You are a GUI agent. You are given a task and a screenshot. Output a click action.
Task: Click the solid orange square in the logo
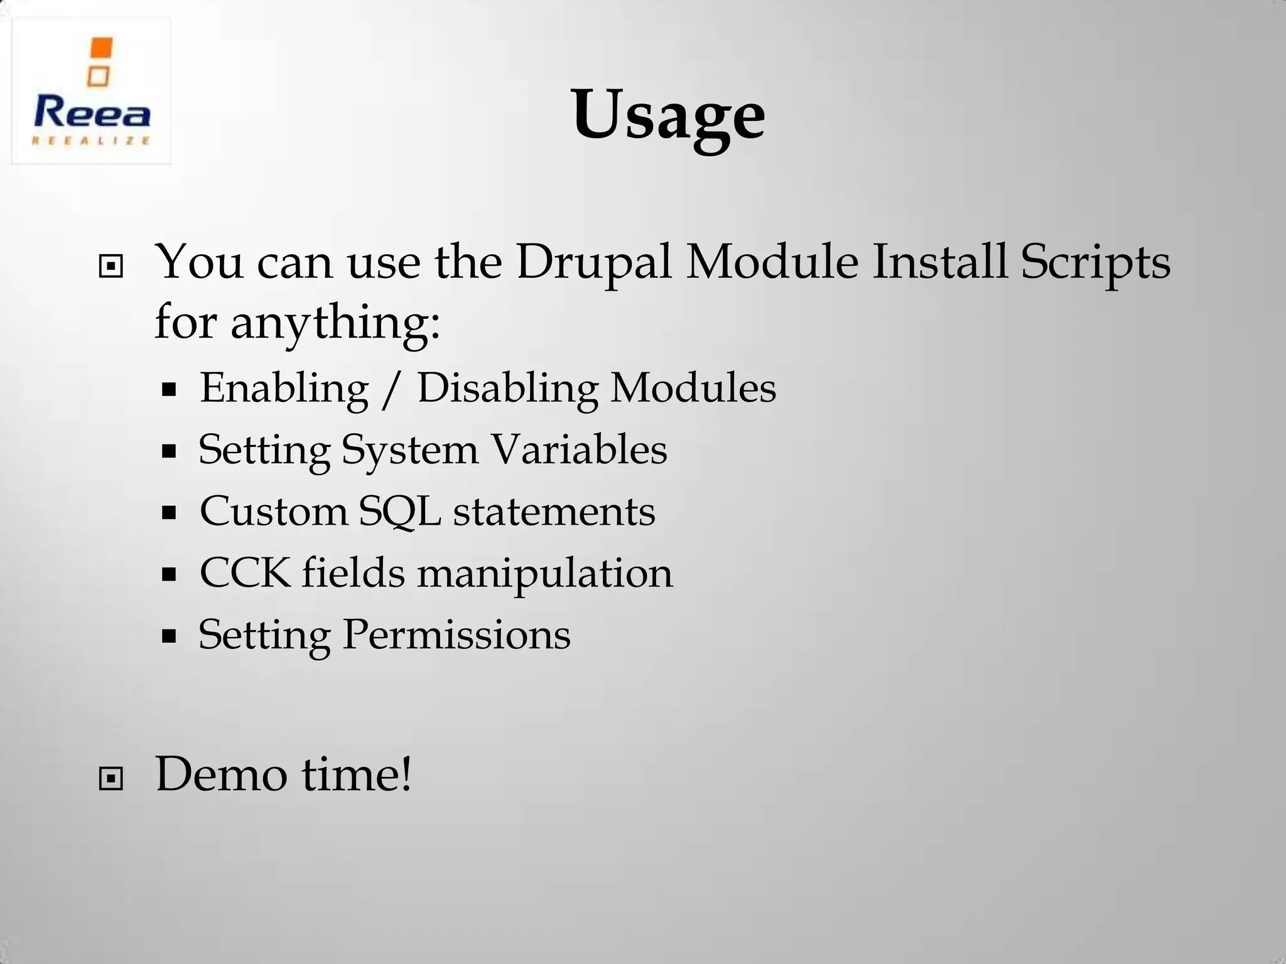(100, 48)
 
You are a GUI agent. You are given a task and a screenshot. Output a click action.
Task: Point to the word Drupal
(593, 262)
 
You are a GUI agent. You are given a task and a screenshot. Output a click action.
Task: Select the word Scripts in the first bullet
(1095, 262)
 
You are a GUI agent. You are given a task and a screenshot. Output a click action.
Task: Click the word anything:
(335, 323)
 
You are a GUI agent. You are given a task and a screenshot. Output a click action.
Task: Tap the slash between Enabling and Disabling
(391, 388)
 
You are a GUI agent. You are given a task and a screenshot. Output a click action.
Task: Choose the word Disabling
(507, 388)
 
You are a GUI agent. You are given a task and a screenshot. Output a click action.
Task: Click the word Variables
(578, 449)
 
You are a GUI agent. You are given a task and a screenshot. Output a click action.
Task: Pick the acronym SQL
(399, 511)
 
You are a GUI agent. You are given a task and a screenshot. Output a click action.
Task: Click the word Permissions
(457, 634)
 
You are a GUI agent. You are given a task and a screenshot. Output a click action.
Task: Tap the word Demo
(221, 774)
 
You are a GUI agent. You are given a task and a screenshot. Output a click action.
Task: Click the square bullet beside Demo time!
(111, 779)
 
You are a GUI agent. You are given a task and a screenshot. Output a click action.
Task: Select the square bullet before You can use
(111, 267)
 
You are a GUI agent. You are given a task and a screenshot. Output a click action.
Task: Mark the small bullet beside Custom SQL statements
(168, 513)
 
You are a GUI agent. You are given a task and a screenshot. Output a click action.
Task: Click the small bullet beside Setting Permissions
(168, 636)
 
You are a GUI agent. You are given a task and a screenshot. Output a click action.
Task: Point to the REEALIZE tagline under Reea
(92, 141)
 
